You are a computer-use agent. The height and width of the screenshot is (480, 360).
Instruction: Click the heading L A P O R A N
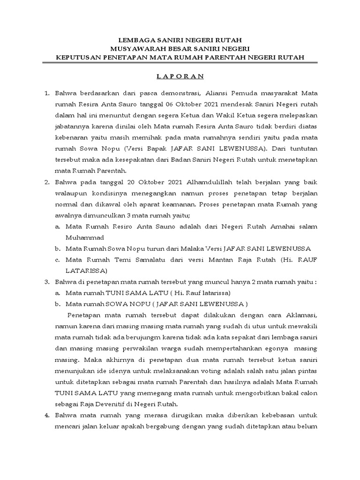tap(180, 76)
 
